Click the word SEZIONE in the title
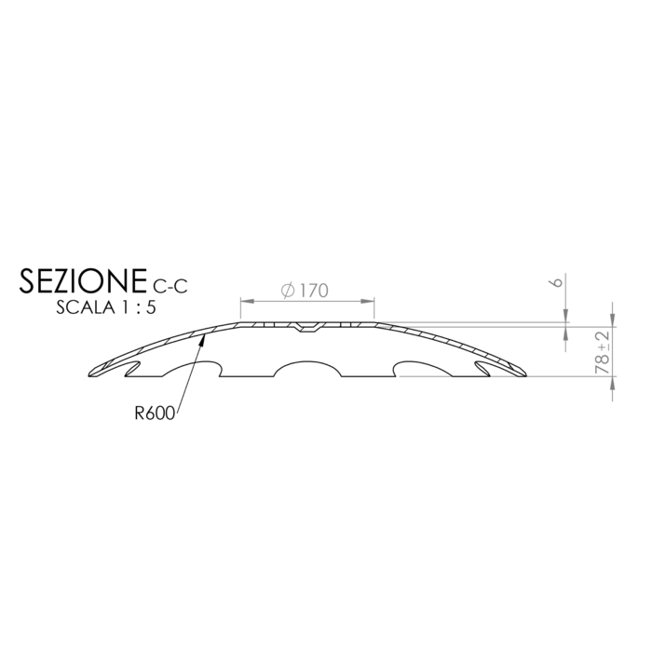tap(83, 280)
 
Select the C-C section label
tap(170, 286)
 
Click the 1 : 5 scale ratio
tap(140, 307)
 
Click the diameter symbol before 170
tap(288, 291)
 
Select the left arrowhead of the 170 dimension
tap(247, 301)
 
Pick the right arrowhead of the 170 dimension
tap(368, 301)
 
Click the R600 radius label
tap(155, 414)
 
